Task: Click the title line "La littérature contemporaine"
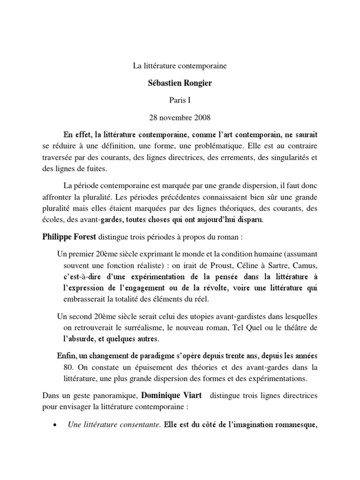tap(180, 66)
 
